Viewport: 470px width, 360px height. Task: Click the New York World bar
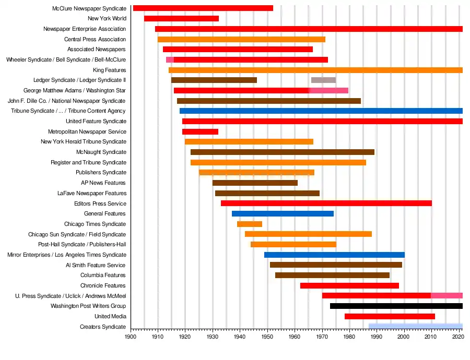tap(181, 19)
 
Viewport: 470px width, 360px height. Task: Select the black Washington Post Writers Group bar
tap(396, 306)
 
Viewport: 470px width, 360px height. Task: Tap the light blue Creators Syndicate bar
tap(415, 327)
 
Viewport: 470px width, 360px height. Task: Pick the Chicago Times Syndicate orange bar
tap(250, 224)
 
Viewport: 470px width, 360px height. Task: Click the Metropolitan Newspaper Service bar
tap(200, 132)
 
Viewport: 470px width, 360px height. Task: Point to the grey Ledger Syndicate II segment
tap(323, 80)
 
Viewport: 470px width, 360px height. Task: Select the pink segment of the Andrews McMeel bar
tap(446, 296)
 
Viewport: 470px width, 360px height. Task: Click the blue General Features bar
tap(283, 214)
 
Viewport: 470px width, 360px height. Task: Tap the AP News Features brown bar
tap(255, 183)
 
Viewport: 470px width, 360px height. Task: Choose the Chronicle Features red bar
tap(349, 286)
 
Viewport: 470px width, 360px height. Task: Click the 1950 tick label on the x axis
tap(267, 338)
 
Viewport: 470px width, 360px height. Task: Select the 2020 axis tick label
tap(458, 338)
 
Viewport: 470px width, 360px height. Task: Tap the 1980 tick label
tap(349, 338)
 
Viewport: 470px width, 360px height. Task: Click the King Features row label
tap(109, 70)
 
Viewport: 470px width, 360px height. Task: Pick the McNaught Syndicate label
tap(101, 152)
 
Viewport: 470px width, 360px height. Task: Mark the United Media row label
tap(110, 317)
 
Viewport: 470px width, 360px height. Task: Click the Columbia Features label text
tap(103, 275)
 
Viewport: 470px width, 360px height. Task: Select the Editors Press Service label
tap(100, 203)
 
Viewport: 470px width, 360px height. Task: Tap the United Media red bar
tap(390, 317)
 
